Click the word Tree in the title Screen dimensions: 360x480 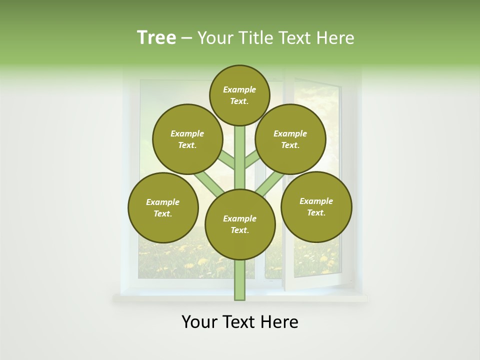click(x=156, y=38)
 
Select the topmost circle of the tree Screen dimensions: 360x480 click(x=239, y=95)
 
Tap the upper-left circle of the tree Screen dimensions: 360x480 click(x=187, y=139)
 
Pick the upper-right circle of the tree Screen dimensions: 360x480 click(x=290, y=139)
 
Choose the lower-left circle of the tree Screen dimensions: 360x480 click(x=162, y=208)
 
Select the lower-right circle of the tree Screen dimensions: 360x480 click(x=316, y=207)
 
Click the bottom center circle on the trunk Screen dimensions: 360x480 click(x=239, y=224)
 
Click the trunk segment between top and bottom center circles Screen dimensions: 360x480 click(x=239, y=157)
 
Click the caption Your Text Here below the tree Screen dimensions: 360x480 click(x=239, y=322)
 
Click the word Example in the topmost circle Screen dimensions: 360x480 click(x=239, y=90)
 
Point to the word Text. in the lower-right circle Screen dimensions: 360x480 click(x=316, y=213)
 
